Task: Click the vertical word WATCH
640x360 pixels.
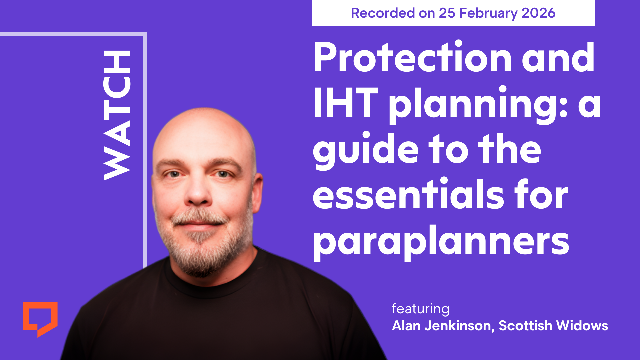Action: [117, 115]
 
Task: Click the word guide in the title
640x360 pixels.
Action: [366, 150]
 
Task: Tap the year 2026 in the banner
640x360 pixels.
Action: [538, 13]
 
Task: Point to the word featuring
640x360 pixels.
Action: [421, 309]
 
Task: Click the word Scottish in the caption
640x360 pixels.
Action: [525, 326]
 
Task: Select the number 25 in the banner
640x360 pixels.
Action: [447, 13]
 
